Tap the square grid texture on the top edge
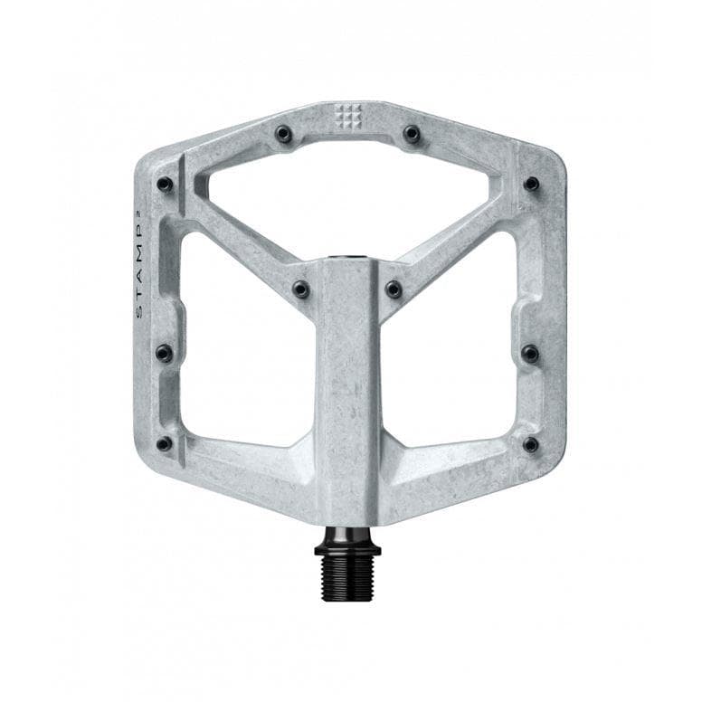(347, 115)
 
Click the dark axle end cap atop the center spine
(347, 260)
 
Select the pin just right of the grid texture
(412, 134)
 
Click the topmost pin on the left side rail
(165, 184)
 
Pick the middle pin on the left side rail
(164, 353)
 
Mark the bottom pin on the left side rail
(164, 444)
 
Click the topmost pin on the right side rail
(531, 184)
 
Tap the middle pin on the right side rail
(531, 353)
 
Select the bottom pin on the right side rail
(531, 444)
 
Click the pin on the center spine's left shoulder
(301, 289)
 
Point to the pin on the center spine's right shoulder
(394, 289)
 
